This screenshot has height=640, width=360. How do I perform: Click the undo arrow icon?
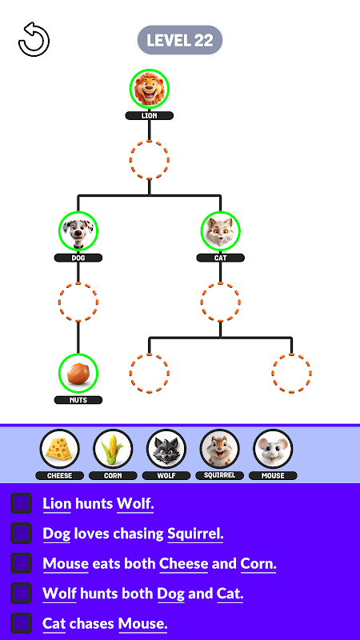click(34, 39)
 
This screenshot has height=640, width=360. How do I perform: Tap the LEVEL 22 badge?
click(179, 40)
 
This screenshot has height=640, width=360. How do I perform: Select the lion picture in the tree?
click(150, 89)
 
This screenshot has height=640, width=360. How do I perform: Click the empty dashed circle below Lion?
click(150, 159)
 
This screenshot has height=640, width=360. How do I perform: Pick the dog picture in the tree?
click(78, 230)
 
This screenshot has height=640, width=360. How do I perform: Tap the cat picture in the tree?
click(221, 230)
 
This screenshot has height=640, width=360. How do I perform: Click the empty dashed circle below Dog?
click(78, 302)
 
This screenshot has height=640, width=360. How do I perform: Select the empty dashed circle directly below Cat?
click(221, 302)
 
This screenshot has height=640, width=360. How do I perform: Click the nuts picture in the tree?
click(78, 373)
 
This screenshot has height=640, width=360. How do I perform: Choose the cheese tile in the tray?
click(59, 449)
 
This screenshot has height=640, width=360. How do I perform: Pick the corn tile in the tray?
click(113, 449)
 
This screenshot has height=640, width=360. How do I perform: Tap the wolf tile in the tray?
click(166, 449)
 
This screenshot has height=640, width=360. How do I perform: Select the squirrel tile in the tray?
click(219, 449)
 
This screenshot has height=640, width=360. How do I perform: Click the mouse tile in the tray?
click(273, 449)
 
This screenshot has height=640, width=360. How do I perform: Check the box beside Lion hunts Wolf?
click(22, 503)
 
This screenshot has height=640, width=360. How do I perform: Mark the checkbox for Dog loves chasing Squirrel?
click(22, 533)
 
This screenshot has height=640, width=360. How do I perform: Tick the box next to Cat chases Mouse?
click(22, 624)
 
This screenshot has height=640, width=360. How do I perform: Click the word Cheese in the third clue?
click(184, 564)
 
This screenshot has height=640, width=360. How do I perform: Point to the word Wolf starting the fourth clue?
click(59, 594)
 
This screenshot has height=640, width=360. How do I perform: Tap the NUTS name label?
click(78, 400)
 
